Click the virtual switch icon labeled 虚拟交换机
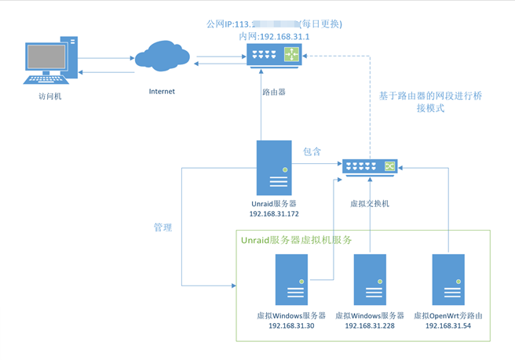pos(369,166)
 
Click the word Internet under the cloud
pos(162,91)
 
